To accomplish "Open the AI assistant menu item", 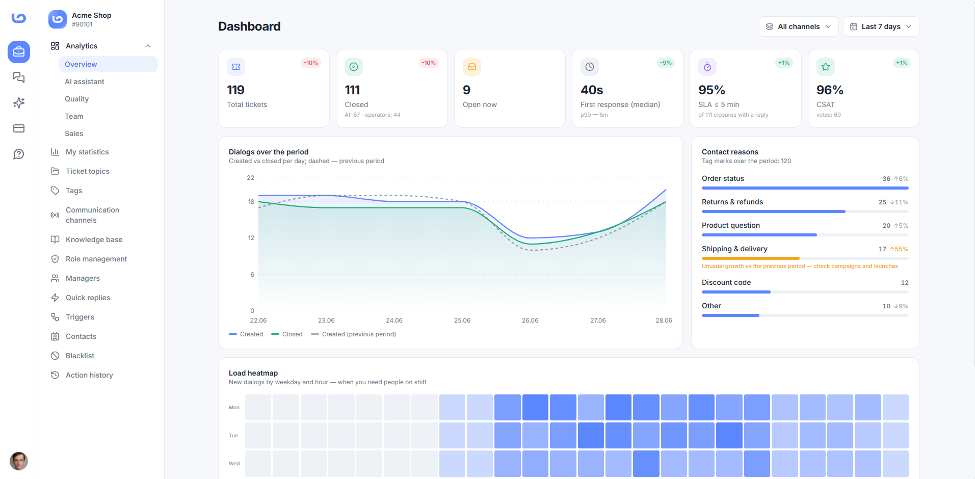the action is point(84,82).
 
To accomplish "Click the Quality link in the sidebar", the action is point(76,99).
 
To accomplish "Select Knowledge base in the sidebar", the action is point(94,240).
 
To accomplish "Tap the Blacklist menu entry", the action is point(80,356).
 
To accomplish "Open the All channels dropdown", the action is point(799,26).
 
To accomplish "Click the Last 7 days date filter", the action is point(881,26).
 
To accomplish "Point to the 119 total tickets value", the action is point(235,90).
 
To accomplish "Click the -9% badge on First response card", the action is point(666,63).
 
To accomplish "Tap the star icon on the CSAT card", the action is point(826,67).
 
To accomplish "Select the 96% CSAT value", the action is point(830,90).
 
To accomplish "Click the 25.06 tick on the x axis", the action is point(462,321).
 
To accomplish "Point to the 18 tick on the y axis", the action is point(251,202).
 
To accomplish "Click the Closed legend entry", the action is point(287,334).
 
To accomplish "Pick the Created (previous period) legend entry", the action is point(353,334).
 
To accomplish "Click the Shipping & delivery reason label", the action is point(734,249).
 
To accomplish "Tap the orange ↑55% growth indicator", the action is point(899,249).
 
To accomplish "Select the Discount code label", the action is point(726,282).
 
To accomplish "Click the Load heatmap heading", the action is point(253,373).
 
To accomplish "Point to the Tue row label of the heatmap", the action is point(233,436).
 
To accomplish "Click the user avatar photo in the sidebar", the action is point(19,461).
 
